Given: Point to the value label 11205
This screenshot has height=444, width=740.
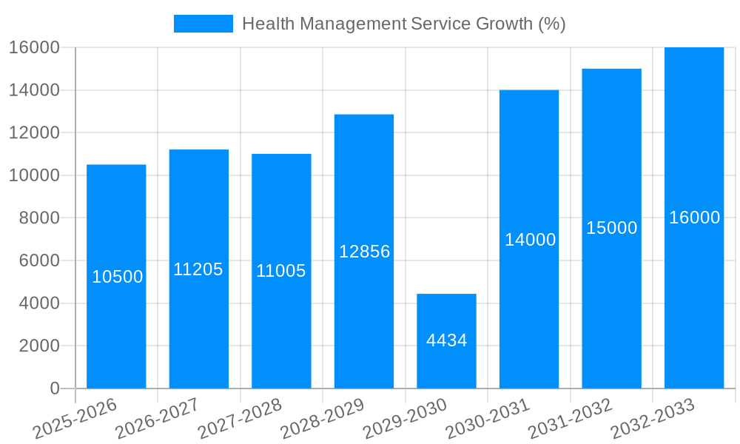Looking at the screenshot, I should [x=198, y=269].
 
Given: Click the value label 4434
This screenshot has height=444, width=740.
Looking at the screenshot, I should [x=446, y=340].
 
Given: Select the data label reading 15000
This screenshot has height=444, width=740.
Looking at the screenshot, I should [x=611, y=228].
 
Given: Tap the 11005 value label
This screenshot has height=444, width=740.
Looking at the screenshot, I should [x=281, y=271].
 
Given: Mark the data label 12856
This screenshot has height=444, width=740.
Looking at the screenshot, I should [x=364, y=252].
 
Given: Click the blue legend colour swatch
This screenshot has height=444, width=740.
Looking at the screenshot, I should [x=203, y=24].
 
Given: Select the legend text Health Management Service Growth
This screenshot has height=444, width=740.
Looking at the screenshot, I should [x=403, y=24].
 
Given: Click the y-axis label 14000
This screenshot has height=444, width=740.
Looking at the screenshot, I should [x=34, y=90].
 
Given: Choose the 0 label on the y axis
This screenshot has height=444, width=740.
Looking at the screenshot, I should [x=54, y=388].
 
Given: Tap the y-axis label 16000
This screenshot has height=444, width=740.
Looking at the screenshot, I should [x=34, y=47].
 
